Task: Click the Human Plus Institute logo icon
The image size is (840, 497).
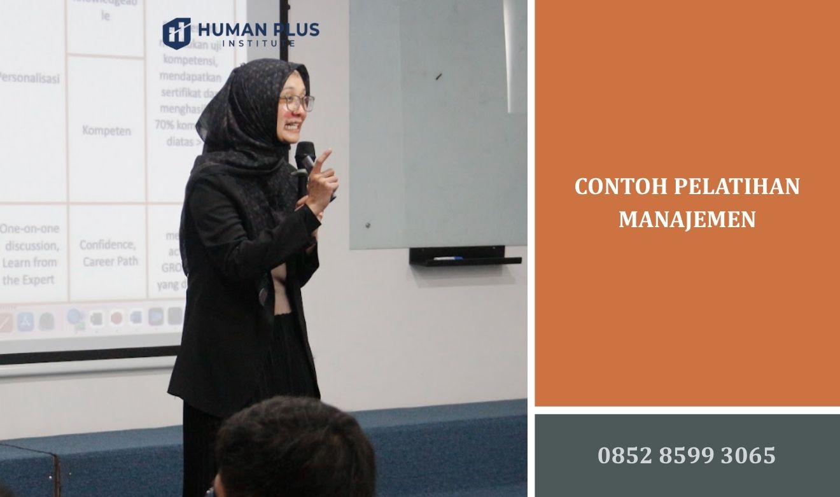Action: pyautogui.click(x=176, y=33)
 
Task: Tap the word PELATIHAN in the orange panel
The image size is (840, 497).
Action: pyautogui.click(x=736, y=187)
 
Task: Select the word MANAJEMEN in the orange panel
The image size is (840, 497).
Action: pyautogui.click(x=687, y=220)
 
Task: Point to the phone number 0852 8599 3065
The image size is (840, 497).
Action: pyautogui.click(x=687, y=455)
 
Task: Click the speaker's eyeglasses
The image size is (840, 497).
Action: pyautogui.click(x=297, y=102)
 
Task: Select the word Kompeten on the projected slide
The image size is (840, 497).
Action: pyautogui.click(x=106, y=131)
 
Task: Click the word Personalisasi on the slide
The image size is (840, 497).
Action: pyautogui.click(x=29, y=79)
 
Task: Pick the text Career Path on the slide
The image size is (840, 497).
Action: pyautogui.click(x=109, y=262)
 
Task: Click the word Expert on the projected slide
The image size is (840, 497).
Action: pyautogui.click(x=38, y=279)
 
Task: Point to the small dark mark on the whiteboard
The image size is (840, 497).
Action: pyautogui.click(x=438, y=76)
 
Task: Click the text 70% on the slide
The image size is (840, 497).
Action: pyautogui.click(x=164, y=125)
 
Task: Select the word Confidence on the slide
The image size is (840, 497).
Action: pyautogui.click(x=108, y=245)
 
